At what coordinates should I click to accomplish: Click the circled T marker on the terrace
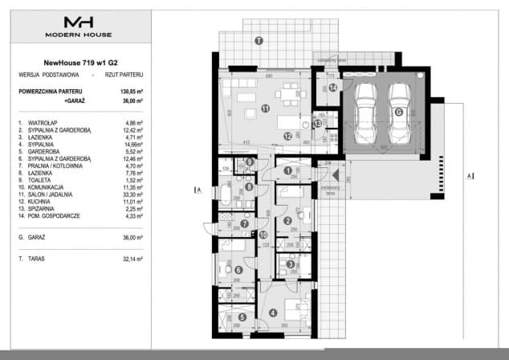(258, 40)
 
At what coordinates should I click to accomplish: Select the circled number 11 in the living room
(265, 109)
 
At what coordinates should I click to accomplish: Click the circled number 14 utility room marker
(332, 88)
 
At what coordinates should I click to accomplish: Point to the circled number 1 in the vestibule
(287, 170)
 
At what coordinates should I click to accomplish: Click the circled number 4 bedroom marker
(274, 313)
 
